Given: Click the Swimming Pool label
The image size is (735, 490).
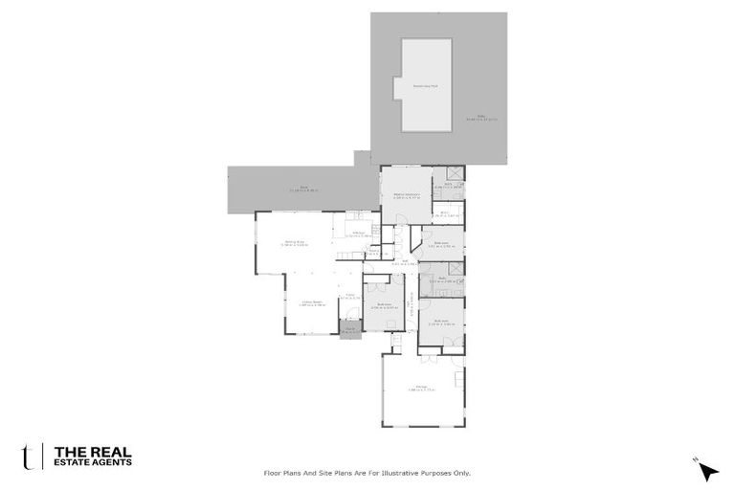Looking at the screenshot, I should (x=425, y=86).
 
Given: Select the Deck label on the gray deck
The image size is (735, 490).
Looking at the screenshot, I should (x=298, y=189).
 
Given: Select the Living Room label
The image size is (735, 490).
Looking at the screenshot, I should (x=314, y=303).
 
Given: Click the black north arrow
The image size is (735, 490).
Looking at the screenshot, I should (x=707, y=471).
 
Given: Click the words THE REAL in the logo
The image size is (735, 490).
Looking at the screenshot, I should (x=93, y=451).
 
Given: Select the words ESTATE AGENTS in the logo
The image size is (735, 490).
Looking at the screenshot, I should (x=93, y=462).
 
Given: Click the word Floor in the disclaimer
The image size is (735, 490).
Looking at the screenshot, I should (x=273, y=473).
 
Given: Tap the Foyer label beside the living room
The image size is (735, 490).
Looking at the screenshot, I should (x=352, y=297).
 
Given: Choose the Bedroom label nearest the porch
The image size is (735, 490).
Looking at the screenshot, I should (x=386, y=306).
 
